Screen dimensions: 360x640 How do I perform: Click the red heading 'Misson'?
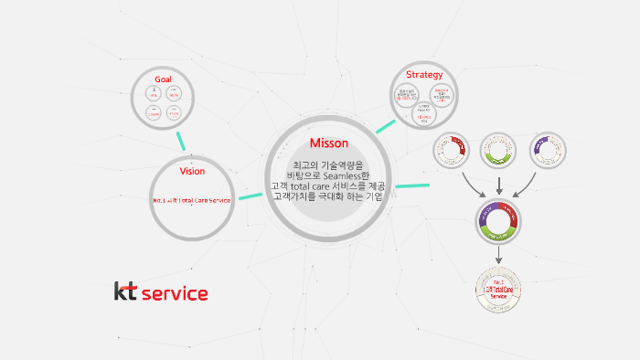[x=328, y=143]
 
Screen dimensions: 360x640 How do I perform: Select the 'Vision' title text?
[x=192, y=171]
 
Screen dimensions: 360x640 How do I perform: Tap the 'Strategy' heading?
[x=424, y=74]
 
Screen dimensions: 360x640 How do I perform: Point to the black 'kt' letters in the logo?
[x=126, y=291]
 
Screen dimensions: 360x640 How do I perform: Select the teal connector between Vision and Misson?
[x=250, y=196]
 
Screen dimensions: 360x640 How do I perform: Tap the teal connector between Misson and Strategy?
[x=385, y=127]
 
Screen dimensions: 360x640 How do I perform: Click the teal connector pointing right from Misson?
[x=411, y=186]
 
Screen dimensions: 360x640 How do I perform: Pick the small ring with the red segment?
[x=451, y=151]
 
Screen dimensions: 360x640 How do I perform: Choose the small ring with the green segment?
[x=499, y=151]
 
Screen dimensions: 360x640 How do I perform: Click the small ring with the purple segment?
[x=548, y=151]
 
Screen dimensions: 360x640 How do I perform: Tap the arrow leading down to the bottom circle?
[x=498, y=258]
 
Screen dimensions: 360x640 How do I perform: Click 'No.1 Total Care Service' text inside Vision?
[x=191, y=200]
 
